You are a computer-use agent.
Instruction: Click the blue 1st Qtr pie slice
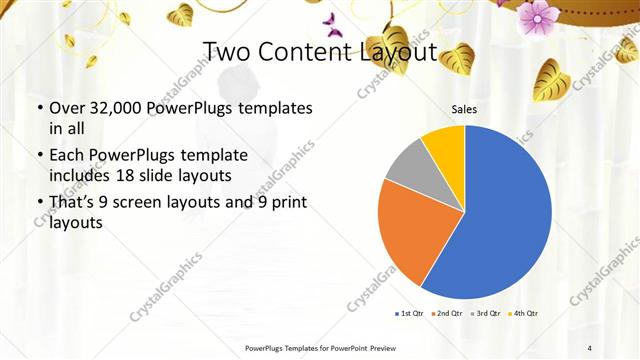[505, 215]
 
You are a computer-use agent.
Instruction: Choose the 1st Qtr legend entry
[410, 314]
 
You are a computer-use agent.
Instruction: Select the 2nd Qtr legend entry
[447, 314]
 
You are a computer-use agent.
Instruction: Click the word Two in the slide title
[226, 52]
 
